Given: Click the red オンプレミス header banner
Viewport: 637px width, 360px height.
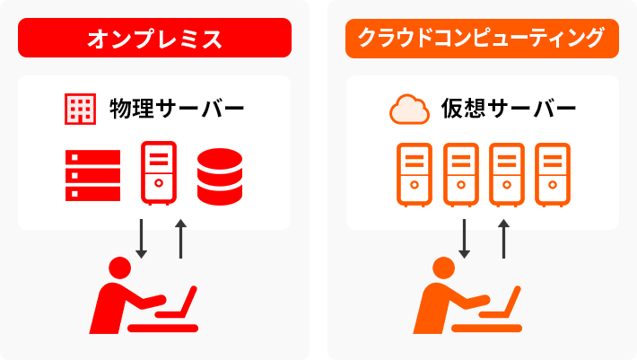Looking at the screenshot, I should [x=154, y=39].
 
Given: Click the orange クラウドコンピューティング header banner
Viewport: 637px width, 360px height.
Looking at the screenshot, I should [x=482, y=39].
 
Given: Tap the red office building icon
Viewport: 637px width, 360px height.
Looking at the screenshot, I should [x=81, y=109].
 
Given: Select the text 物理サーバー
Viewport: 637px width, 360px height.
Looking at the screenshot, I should [x=176, y=110].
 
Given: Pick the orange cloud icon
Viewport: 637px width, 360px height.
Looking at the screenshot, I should [x=409, y=110].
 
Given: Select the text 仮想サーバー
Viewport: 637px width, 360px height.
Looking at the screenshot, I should [x=508, y=110].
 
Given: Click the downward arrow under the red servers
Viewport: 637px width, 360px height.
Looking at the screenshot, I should [x=140, y=238].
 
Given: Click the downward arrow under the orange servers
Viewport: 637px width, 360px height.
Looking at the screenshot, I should [x=464, y=238].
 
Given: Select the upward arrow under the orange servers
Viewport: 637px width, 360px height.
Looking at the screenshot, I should [x=504, y=238].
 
